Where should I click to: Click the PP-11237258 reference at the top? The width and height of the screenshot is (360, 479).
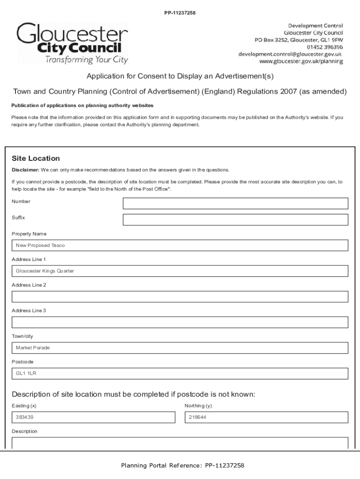tap(180, 13)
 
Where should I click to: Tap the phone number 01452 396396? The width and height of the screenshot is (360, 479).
tap(324, 47)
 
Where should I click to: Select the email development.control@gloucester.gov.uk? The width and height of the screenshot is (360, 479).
tap(290, 54)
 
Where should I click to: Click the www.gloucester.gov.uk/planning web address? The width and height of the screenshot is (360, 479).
tap(301, 61)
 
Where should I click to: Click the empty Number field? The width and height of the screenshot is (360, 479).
tap(235, 203)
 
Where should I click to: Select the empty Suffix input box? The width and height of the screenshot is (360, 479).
tap(235, 220)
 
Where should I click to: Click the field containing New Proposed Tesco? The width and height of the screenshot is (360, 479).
tap(180, 246)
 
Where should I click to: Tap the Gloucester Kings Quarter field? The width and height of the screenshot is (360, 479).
tap(180, 271)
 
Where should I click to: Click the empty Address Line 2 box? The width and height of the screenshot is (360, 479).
tap(180, 297)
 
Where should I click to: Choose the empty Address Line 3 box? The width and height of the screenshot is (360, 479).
tap(180, 322)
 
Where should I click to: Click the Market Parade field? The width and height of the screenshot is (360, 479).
tap(180, 348)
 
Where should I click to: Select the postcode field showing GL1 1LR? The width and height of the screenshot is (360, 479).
tap(180, 374)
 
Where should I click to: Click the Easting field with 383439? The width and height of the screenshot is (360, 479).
tap(93, 417)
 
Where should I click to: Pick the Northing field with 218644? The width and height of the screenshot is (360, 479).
tap(266, 417)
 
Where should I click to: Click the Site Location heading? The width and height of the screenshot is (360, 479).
tap(36, 159)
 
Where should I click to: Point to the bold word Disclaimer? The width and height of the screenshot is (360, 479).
tap(25, 170)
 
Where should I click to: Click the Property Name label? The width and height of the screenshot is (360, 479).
tap(29, 234)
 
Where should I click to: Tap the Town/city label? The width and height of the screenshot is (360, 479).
tap(22, 336)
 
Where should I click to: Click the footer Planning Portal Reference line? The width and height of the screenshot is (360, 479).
tap(182, 465)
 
